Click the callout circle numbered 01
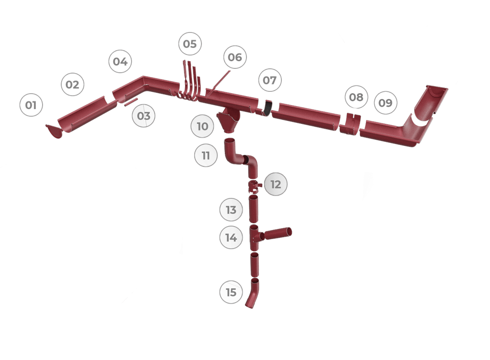(31, 105)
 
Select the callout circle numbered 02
(72, 85)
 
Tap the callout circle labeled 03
(144, 116)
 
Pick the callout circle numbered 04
(120, 62)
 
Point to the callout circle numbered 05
(189, 44)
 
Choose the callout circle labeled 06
(235, 57)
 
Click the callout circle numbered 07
(269, 80)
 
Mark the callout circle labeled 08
(356, 98)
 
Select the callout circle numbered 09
(385, 102)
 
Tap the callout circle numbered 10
(202, 127)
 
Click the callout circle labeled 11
(206, 156)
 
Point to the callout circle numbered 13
(231, 210)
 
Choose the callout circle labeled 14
(231, 238)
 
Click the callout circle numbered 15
(231, 292)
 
